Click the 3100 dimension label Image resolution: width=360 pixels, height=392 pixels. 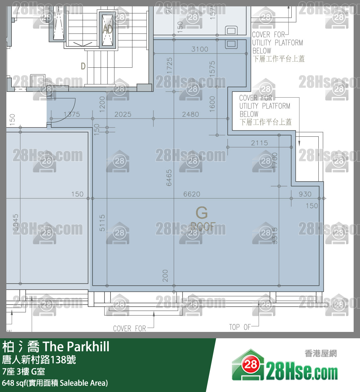(x=200, y=49)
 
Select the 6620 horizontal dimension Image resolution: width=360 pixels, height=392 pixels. (x=192, y=194)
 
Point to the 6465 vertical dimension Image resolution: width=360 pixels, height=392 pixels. (x=169, y=177)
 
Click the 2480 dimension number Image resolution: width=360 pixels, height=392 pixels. (x=190, y=114)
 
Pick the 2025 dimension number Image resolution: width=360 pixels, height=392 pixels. (x=123, y=114)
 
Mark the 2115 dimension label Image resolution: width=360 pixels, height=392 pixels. (x=259, y=143)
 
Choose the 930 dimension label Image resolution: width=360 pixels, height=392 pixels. (x=305, y=194)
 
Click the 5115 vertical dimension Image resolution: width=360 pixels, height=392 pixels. (x=102, y=223)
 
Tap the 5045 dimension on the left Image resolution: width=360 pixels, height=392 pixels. (x=16, y=222)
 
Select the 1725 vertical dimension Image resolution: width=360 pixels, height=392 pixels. (x=169, y=66)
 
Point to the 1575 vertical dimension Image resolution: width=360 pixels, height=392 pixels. (x=212, y=68)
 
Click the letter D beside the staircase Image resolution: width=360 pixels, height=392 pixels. (x=83, y=66)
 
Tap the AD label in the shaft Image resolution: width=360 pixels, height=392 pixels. (x=108, y=30)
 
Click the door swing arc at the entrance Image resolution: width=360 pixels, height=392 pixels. (x=71, y=111)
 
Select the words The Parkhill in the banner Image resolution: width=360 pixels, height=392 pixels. (x=76, y=347)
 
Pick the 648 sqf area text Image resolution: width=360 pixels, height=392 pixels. (x=55, y=383)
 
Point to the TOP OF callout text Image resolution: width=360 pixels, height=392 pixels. (x=240, y=327)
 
